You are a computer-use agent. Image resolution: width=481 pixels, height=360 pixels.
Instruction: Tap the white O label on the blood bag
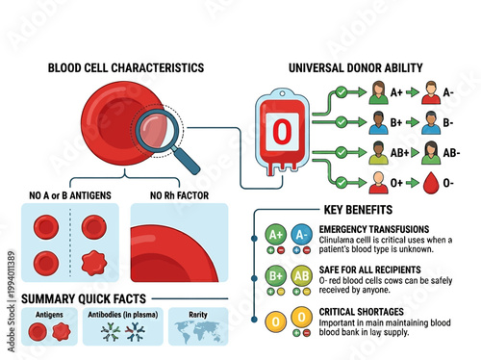point(282,133)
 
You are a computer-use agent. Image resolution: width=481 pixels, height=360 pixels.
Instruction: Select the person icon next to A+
point(379,94)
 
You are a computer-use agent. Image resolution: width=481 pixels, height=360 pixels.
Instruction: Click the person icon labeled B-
point(430,123)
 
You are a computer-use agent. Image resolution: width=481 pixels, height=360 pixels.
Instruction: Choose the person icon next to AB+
point(379,152)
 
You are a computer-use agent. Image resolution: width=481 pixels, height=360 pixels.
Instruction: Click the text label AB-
point(452,153)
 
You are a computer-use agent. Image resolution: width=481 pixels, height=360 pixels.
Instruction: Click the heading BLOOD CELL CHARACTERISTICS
point(126,68)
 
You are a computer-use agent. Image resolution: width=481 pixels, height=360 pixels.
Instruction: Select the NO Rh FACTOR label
point(178,194)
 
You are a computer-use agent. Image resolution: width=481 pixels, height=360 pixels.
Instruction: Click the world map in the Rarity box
point(197,331)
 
